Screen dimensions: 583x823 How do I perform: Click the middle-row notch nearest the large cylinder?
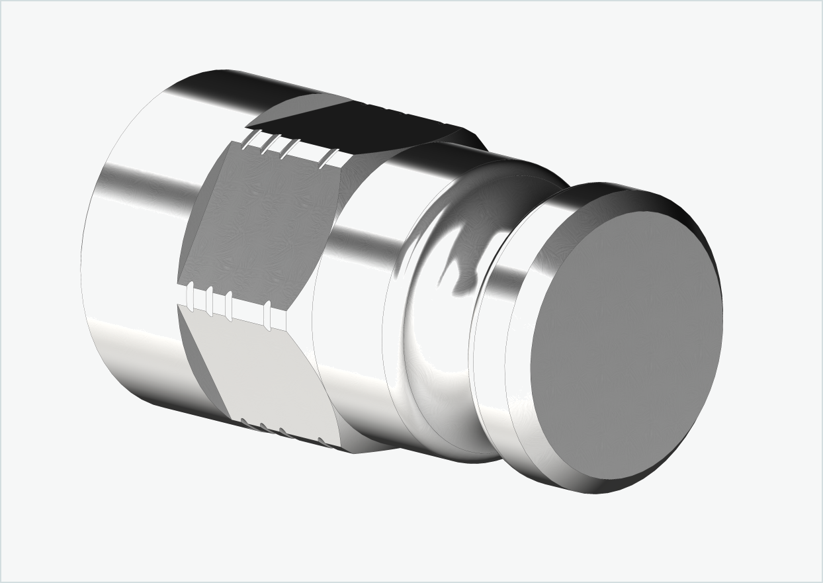pos(190,296)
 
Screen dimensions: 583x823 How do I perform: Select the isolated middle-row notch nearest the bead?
pos(267,315)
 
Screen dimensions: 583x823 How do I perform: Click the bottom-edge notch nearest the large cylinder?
pos(245,422)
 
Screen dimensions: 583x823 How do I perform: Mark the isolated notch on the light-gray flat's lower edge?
pos(322,441)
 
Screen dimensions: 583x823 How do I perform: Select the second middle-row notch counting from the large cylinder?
pos(209,301)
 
